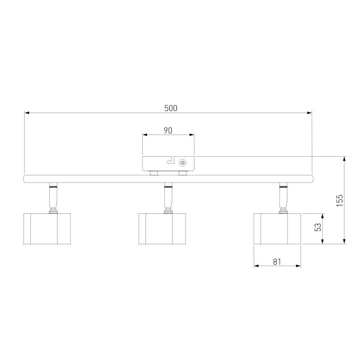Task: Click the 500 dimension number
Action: (171, 108)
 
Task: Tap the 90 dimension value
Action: (168, 130)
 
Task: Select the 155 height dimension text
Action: (340, 200)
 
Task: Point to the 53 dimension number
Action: (318, 227)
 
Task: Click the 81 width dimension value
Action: (277, 262)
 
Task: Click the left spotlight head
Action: (47, 229)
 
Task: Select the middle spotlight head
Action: (162, 229)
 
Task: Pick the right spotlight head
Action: (277, 229)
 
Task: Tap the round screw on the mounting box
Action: (183, 163)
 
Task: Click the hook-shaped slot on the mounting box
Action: (171, 160)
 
